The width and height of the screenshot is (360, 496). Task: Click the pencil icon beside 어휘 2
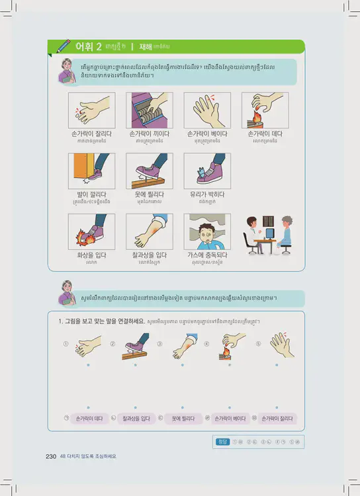[64, 46]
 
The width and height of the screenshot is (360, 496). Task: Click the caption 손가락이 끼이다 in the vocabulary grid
[149, 133]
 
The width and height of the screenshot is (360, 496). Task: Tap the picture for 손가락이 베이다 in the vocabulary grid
[206, 110]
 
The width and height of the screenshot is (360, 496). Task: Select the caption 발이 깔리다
[91, 194]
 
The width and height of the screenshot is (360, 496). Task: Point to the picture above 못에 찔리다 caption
[149, 171]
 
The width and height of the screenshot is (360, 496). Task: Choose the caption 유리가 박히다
[206, 194]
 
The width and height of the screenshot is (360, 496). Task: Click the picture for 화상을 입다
[91, 231]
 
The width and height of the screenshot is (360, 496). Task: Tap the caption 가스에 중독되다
[206, 255]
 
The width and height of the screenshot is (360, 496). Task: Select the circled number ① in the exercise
[66, 344]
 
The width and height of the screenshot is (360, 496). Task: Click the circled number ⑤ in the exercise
[258, 344]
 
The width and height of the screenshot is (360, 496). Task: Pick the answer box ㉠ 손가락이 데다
[89, 419]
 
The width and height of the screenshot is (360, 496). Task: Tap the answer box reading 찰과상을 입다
[136, 419]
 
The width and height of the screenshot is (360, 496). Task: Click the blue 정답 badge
[223, 442]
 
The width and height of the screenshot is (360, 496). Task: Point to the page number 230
[51, 456]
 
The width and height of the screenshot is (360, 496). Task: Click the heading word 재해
[146, 47]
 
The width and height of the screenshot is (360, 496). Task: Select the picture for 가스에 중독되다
[206, 231]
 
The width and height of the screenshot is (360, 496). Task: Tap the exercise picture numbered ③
[182, 346]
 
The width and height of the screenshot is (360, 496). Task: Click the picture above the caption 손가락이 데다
[264, 110]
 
